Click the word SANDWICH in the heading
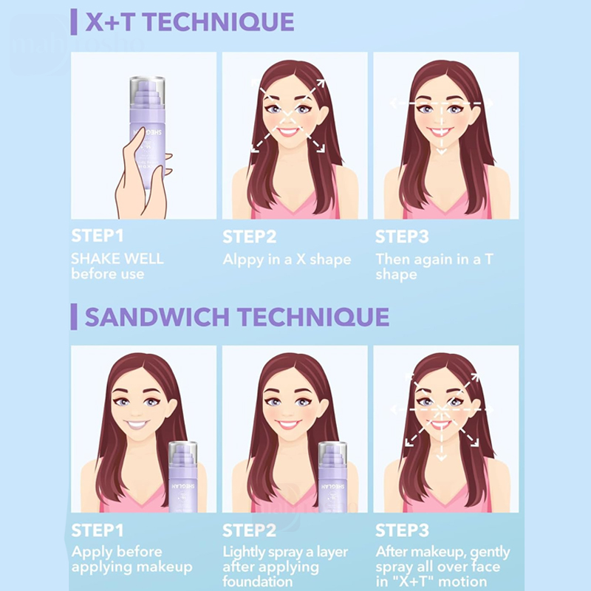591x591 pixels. click(x=157, y=317)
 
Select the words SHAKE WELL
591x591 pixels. click(x=117, y=259)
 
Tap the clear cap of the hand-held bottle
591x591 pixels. click(x=147, y=91)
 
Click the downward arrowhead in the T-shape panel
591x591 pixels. click(x=441, y=151)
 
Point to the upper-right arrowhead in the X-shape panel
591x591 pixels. click(x=321, y=83)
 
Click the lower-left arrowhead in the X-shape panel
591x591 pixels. click(x=256, y=148)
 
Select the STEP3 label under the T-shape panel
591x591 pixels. click(x=402, y=236)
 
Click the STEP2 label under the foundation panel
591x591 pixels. click(x=249, y=530)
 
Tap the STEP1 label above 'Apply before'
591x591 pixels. click(x=98, y=530)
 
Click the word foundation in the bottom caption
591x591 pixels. click(x=257, y=581)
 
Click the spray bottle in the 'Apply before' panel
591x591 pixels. click(x=182, y=476)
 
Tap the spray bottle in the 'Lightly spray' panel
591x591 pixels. click(x=333, y=476)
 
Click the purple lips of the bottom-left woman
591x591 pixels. click(x=137, y=425)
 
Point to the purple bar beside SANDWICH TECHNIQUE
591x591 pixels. click(x=74, y=317)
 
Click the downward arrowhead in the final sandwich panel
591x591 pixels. click(x=441, y=457)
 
